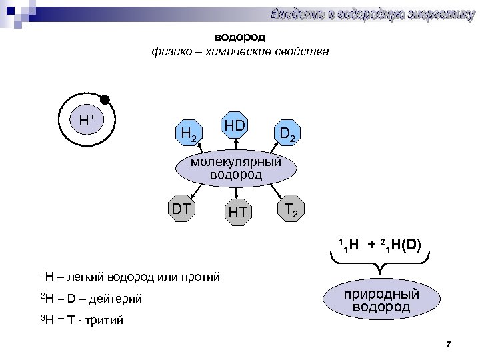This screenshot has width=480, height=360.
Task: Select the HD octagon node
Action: tap(235, 125)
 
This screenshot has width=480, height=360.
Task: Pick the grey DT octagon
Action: tap(181, 209)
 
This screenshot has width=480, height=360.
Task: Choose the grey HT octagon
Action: tap(237, 213)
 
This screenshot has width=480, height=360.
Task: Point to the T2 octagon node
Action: tap(291, 209)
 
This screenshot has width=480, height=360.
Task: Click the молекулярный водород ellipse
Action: tap(236, 169)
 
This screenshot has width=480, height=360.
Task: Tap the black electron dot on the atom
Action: tap(105, 101)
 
